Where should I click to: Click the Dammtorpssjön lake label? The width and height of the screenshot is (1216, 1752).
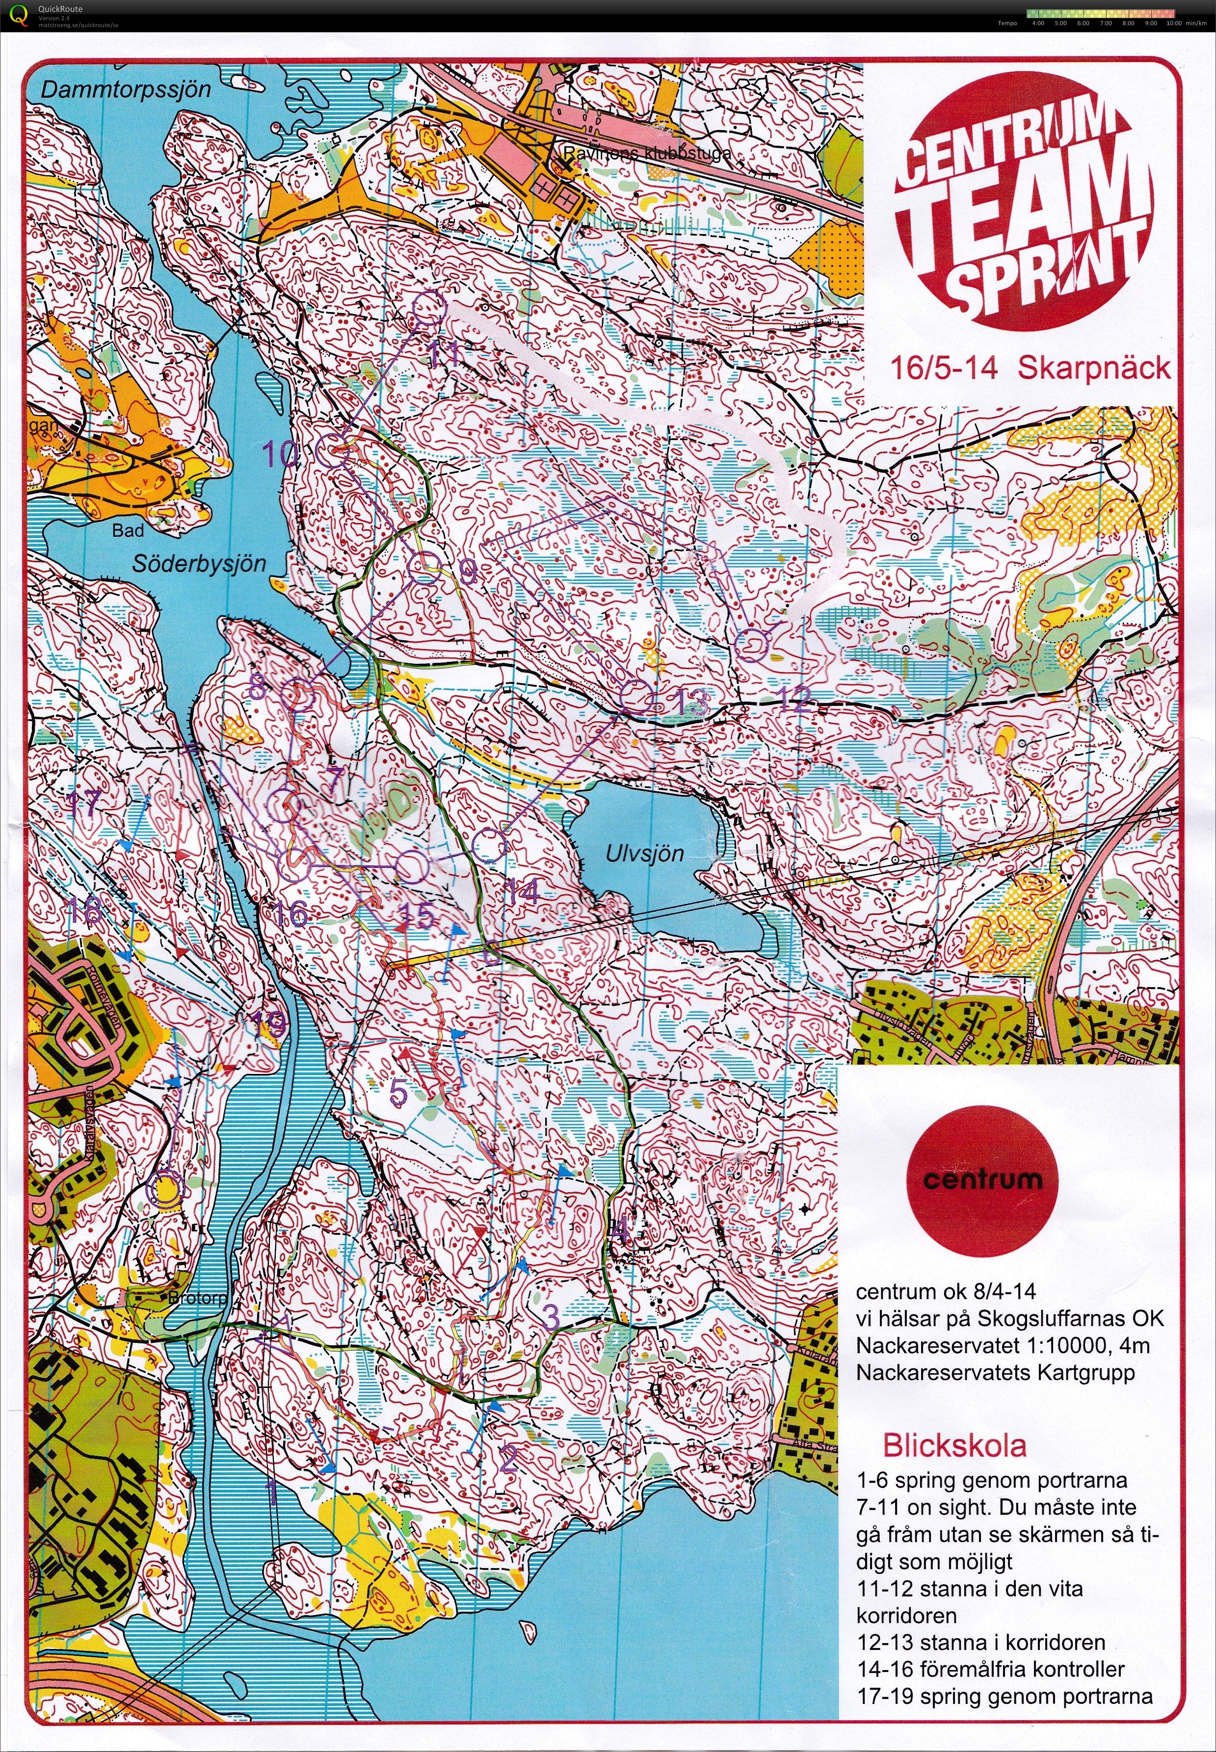click(x=126, y=90)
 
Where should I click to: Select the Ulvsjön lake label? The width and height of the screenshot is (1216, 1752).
click(x=645, y=853)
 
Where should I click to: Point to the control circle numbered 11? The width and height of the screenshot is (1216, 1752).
click(x=428, y=309)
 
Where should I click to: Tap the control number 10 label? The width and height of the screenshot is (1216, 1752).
click(x=280, y=455)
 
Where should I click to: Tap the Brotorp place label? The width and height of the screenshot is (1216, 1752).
click(x=197, y=1298)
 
